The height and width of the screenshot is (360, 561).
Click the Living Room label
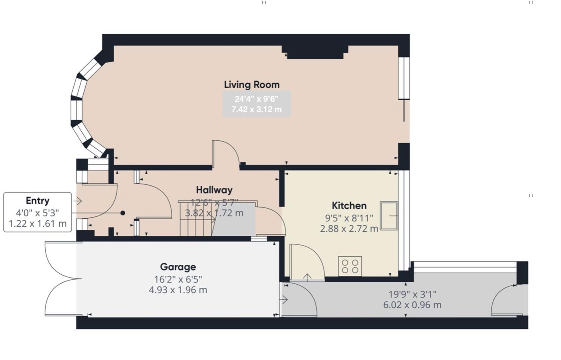pos(252,85)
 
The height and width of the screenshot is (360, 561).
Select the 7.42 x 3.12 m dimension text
pos(257,109)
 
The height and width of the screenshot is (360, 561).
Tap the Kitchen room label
pos(349,205)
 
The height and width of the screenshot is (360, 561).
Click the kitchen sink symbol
pos(389,216)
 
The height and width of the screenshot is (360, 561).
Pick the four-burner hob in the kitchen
pos(350,266)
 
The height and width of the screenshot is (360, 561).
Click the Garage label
pos(178,267)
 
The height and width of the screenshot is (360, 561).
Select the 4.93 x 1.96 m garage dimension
pos(178,290)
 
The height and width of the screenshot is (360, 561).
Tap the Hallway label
pos(214,190)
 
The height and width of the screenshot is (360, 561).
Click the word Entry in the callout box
pos(37,201)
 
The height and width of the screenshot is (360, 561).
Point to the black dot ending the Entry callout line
pos(123,213)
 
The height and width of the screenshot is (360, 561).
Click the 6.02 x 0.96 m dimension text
pos(412,305)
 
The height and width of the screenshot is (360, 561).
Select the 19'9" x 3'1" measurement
pos(412,294)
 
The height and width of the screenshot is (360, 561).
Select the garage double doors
pos(60,279)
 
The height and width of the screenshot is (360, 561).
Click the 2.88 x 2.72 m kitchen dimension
pos(349,229)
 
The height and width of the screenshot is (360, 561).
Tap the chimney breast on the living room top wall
pos(315,52)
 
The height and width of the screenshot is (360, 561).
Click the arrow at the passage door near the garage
pos(284,300)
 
